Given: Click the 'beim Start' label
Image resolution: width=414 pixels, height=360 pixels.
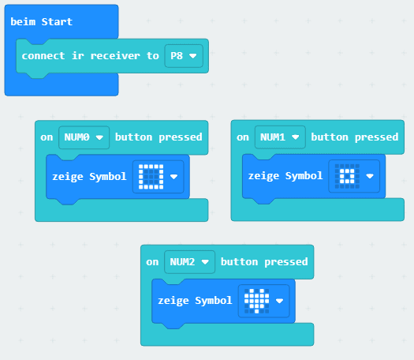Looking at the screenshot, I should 41,21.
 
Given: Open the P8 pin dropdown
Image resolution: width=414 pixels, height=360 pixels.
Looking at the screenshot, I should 183,56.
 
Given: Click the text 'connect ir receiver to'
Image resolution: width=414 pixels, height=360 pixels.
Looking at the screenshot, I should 90,56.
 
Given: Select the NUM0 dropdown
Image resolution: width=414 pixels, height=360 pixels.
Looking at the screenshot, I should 84,137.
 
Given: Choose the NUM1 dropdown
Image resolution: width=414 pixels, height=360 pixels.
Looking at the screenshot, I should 280,137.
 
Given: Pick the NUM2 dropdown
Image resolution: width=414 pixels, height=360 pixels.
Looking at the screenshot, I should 190,261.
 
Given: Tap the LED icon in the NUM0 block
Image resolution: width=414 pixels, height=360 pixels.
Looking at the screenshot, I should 150,177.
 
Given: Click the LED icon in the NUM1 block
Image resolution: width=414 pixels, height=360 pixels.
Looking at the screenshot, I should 345,176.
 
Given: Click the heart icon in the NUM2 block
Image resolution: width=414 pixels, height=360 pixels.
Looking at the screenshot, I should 255,301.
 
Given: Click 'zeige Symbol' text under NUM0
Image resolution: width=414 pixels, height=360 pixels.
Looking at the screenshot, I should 89,177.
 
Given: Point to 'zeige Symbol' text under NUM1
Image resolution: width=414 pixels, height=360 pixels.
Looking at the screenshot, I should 285,176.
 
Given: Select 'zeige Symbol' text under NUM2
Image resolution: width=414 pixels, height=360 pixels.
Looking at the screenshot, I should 195,301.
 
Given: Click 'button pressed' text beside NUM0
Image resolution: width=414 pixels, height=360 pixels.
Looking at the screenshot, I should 159,137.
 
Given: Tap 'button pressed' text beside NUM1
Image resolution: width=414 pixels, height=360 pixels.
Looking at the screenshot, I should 354,137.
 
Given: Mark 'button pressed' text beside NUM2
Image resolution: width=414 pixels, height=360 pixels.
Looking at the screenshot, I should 264,261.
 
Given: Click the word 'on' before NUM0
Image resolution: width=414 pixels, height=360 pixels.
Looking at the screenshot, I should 47,137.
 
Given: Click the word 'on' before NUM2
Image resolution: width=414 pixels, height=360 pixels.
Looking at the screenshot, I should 153,261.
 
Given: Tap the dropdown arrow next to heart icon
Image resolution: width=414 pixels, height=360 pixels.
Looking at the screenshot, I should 279,302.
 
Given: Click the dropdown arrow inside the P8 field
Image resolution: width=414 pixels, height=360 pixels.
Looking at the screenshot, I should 192,56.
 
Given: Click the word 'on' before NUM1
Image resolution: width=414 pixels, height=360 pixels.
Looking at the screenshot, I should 243,137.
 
